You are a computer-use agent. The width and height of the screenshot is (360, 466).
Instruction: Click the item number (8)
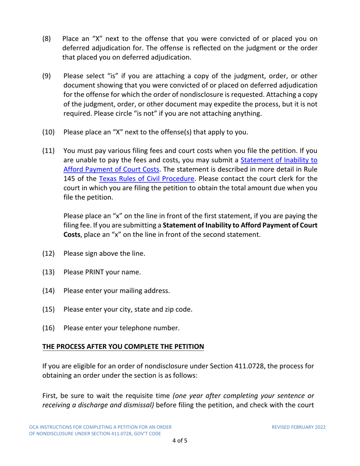pyautogui.click(x=47, y=39)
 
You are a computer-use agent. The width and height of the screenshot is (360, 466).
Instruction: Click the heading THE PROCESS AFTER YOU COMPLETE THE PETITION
pyautogui.click(x=123, y=347)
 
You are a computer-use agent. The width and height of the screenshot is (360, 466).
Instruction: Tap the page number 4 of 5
pyautogui.click(x=180, y=441)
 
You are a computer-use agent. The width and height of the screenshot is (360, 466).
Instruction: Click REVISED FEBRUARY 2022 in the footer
pyautogui.click(x=299, y=427)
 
